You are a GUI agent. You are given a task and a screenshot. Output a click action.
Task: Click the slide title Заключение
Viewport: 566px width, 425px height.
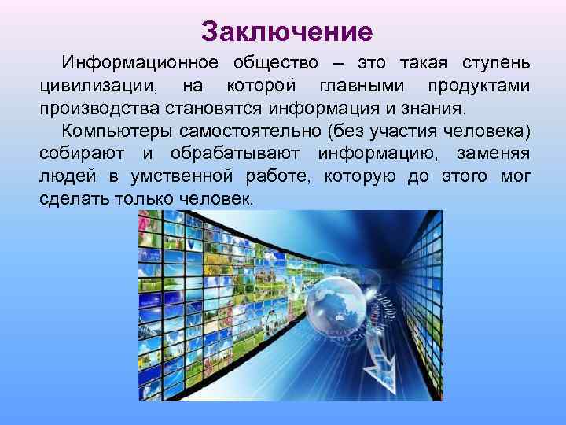286,31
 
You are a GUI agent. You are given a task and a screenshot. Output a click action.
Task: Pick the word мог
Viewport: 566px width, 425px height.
515,176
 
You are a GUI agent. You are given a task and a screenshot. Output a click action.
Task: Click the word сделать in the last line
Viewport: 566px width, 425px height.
72,199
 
